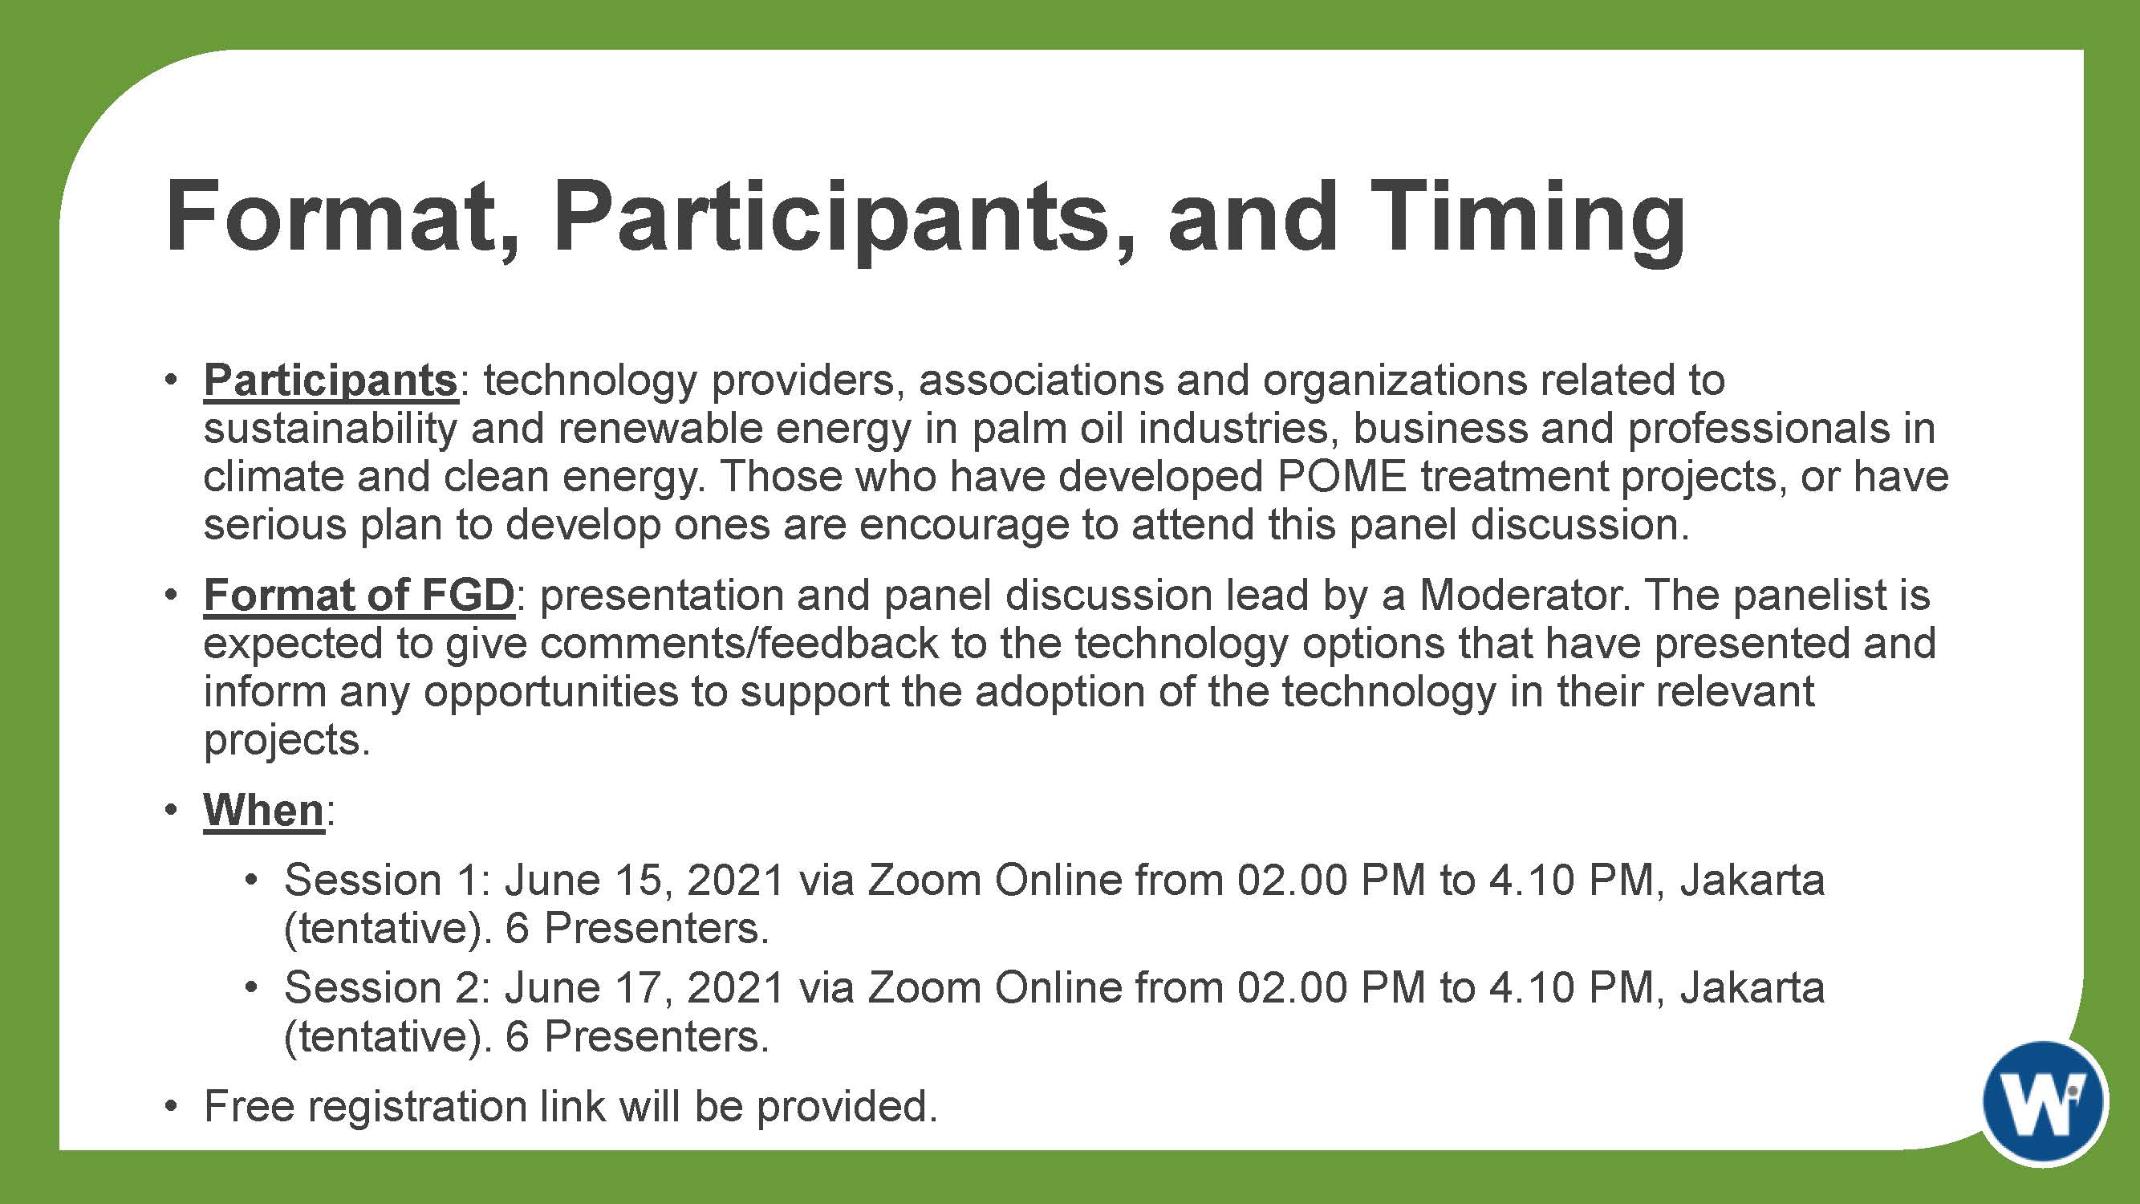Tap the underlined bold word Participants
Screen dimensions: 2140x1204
click(x=331, y=381)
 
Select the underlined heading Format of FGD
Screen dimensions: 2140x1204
click(x=359, y=595)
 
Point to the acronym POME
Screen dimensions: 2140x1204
click(x=1342, y=477)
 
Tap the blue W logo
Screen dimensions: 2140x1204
click(x=2045, y=1103)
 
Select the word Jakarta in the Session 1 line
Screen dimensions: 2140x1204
click(x=1752, y=880)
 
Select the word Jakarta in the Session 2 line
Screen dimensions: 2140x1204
click(x=1752, y=988)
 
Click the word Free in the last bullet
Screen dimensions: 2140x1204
click(x=250, y=1107)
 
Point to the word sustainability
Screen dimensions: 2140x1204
click(x=331, y=429)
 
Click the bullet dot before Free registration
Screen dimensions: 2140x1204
click(x=171, y=1107)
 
